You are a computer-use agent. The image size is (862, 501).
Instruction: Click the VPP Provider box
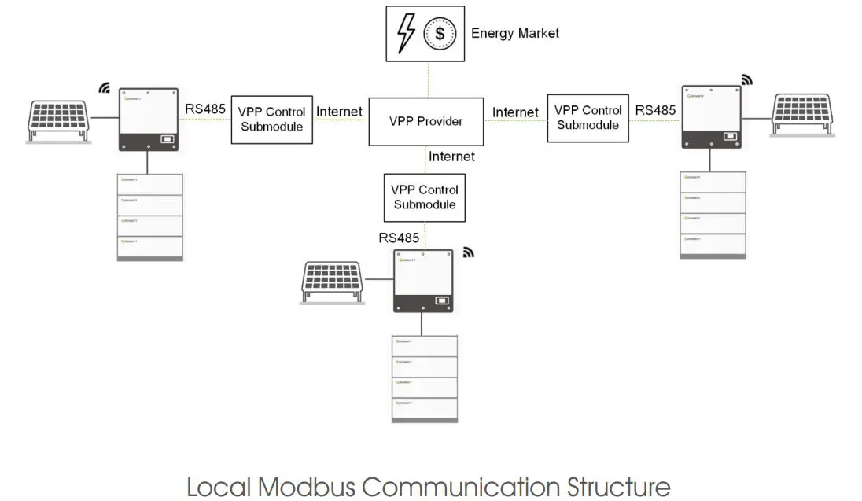tap(426, 121)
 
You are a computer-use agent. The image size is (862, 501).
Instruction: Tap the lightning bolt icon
tap(407, 34)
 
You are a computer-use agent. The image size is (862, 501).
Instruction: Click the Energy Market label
tap(515, 33)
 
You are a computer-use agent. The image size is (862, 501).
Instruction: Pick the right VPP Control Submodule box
tap(588, 117)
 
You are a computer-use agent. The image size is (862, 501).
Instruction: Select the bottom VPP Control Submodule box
tap(425, 197)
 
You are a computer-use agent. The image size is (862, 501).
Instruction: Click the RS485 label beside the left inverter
tap(205, 110)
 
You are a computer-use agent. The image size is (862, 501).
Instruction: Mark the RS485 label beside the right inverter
tap(655, 110)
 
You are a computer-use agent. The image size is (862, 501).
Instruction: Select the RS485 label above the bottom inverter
tap(400, 238)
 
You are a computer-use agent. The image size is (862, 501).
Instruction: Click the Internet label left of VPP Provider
tap(339, 112)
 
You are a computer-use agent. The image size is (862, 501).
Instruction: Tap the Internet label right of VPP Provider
tap(515, 112)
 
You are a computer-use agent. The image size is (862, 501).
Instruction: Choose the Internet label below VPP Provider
tap(451, 157)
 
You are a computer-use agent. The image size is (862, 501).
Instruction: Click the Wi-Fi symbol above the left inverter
tap(104, 87)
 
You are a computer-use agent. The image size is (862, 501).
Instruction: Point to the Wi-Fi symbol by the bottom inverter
tap(469, 252)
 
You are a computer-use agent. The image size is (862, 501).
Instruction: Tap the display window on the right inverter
tap(730, 137)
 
